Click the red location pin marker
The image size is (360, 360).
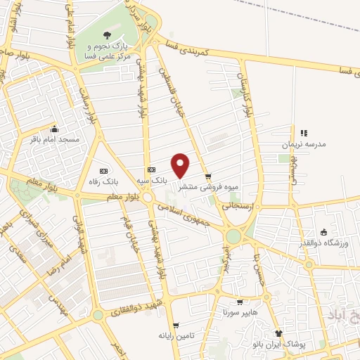(181, 166)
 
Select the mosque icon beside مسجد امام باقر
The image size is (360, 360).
(55, 130)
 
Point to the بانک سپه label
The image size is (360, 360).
(151, 181)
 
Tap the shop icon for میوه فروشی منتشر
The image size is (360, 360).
(207, 176)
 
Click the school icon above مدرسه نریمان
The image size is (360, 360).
(304, 132)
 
